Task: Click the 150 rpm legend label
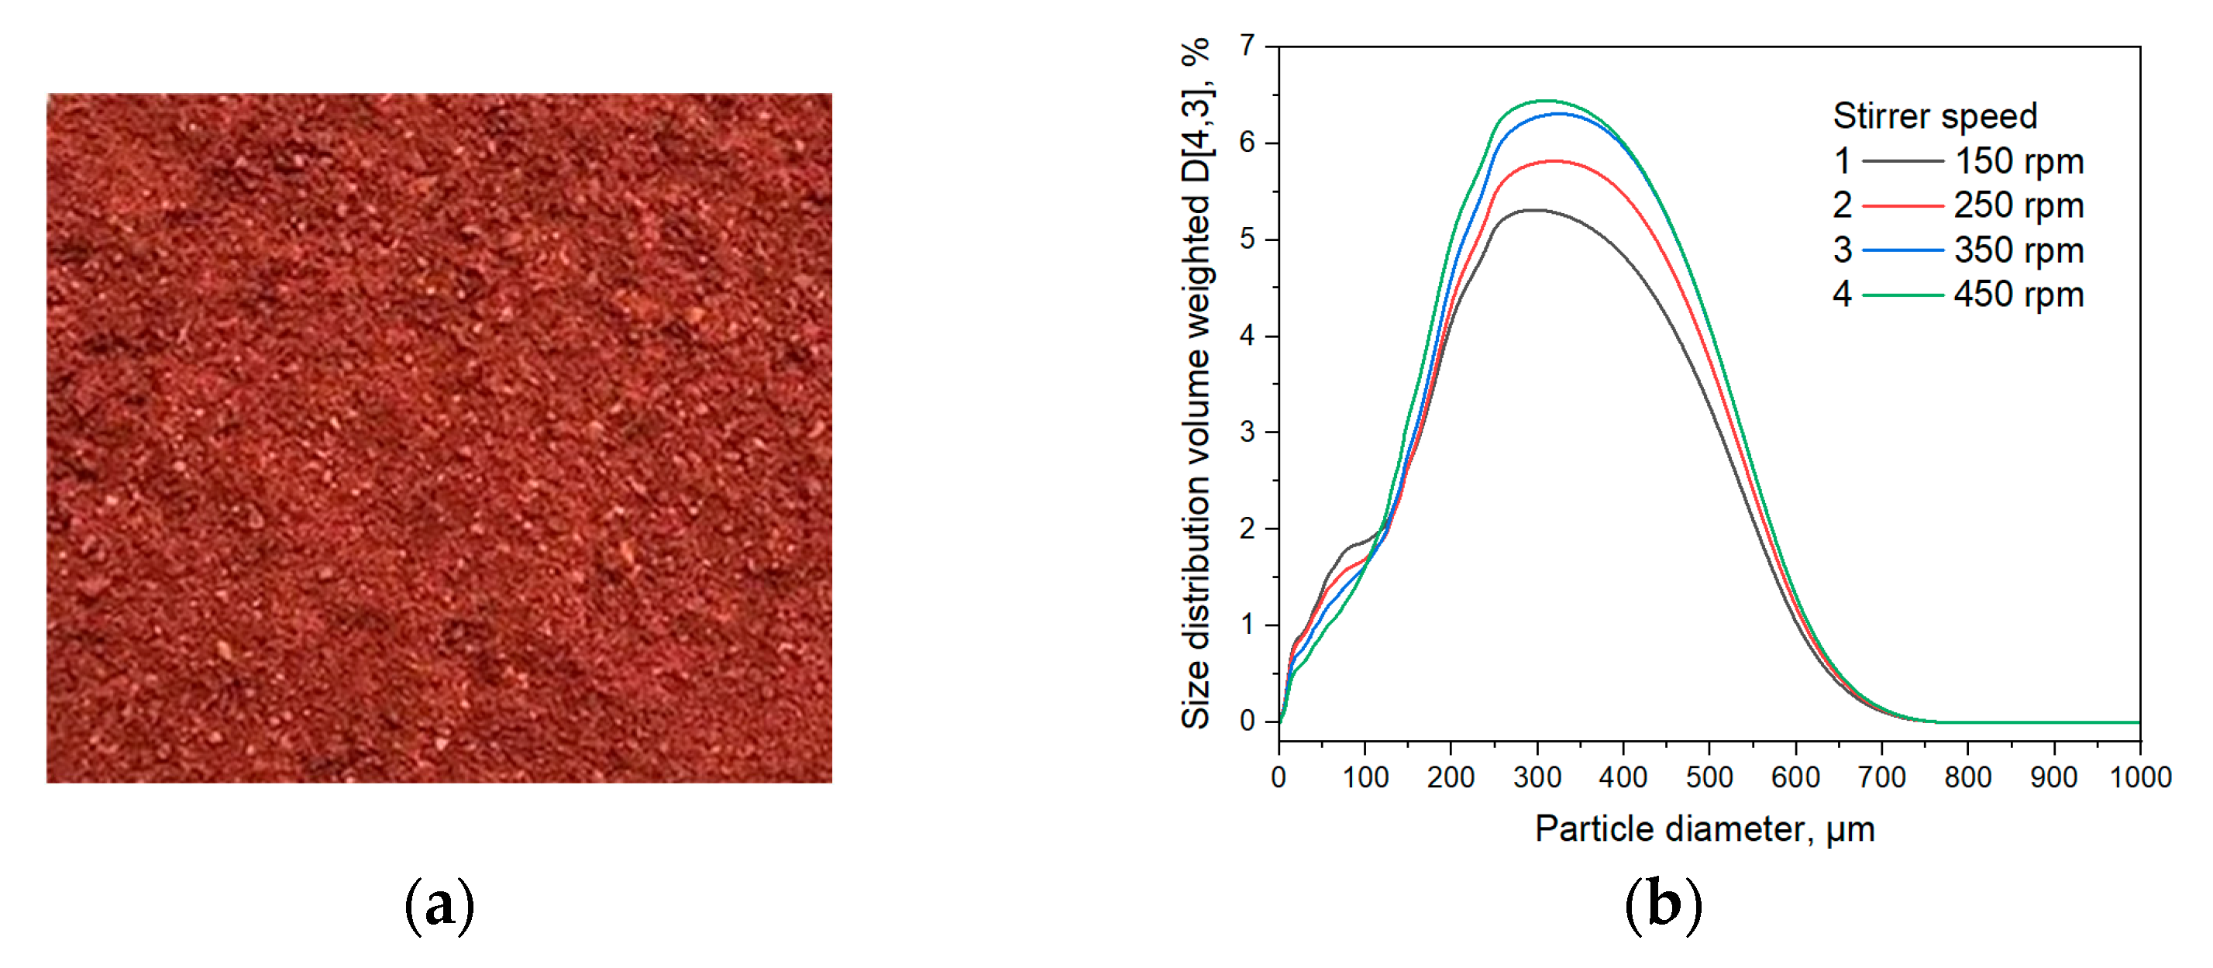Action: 2018,161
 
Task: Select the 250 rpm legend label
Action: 2018,206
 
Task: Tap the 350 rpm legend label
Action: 2018,251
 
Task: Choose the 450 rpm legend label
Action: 2018,295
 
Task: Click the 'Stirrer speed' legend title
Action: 1935,116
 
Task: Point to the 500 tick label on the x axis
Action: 1709,777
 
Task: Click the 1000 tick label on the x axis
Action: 2140,777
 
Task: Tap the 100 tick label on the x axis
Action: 1365,777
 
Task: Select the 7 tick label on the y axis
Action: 1248,46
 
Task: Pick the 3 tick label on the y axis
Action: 1248,432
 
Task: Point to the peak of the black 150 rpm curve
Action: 1534,211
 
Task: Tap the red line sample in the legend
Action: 1902,206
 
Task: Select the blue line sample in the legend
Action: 1902,251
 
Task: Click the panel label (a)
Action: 439,905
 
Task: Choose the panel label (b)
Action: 1662,905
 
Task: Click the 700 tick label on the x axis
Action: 1881,777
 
